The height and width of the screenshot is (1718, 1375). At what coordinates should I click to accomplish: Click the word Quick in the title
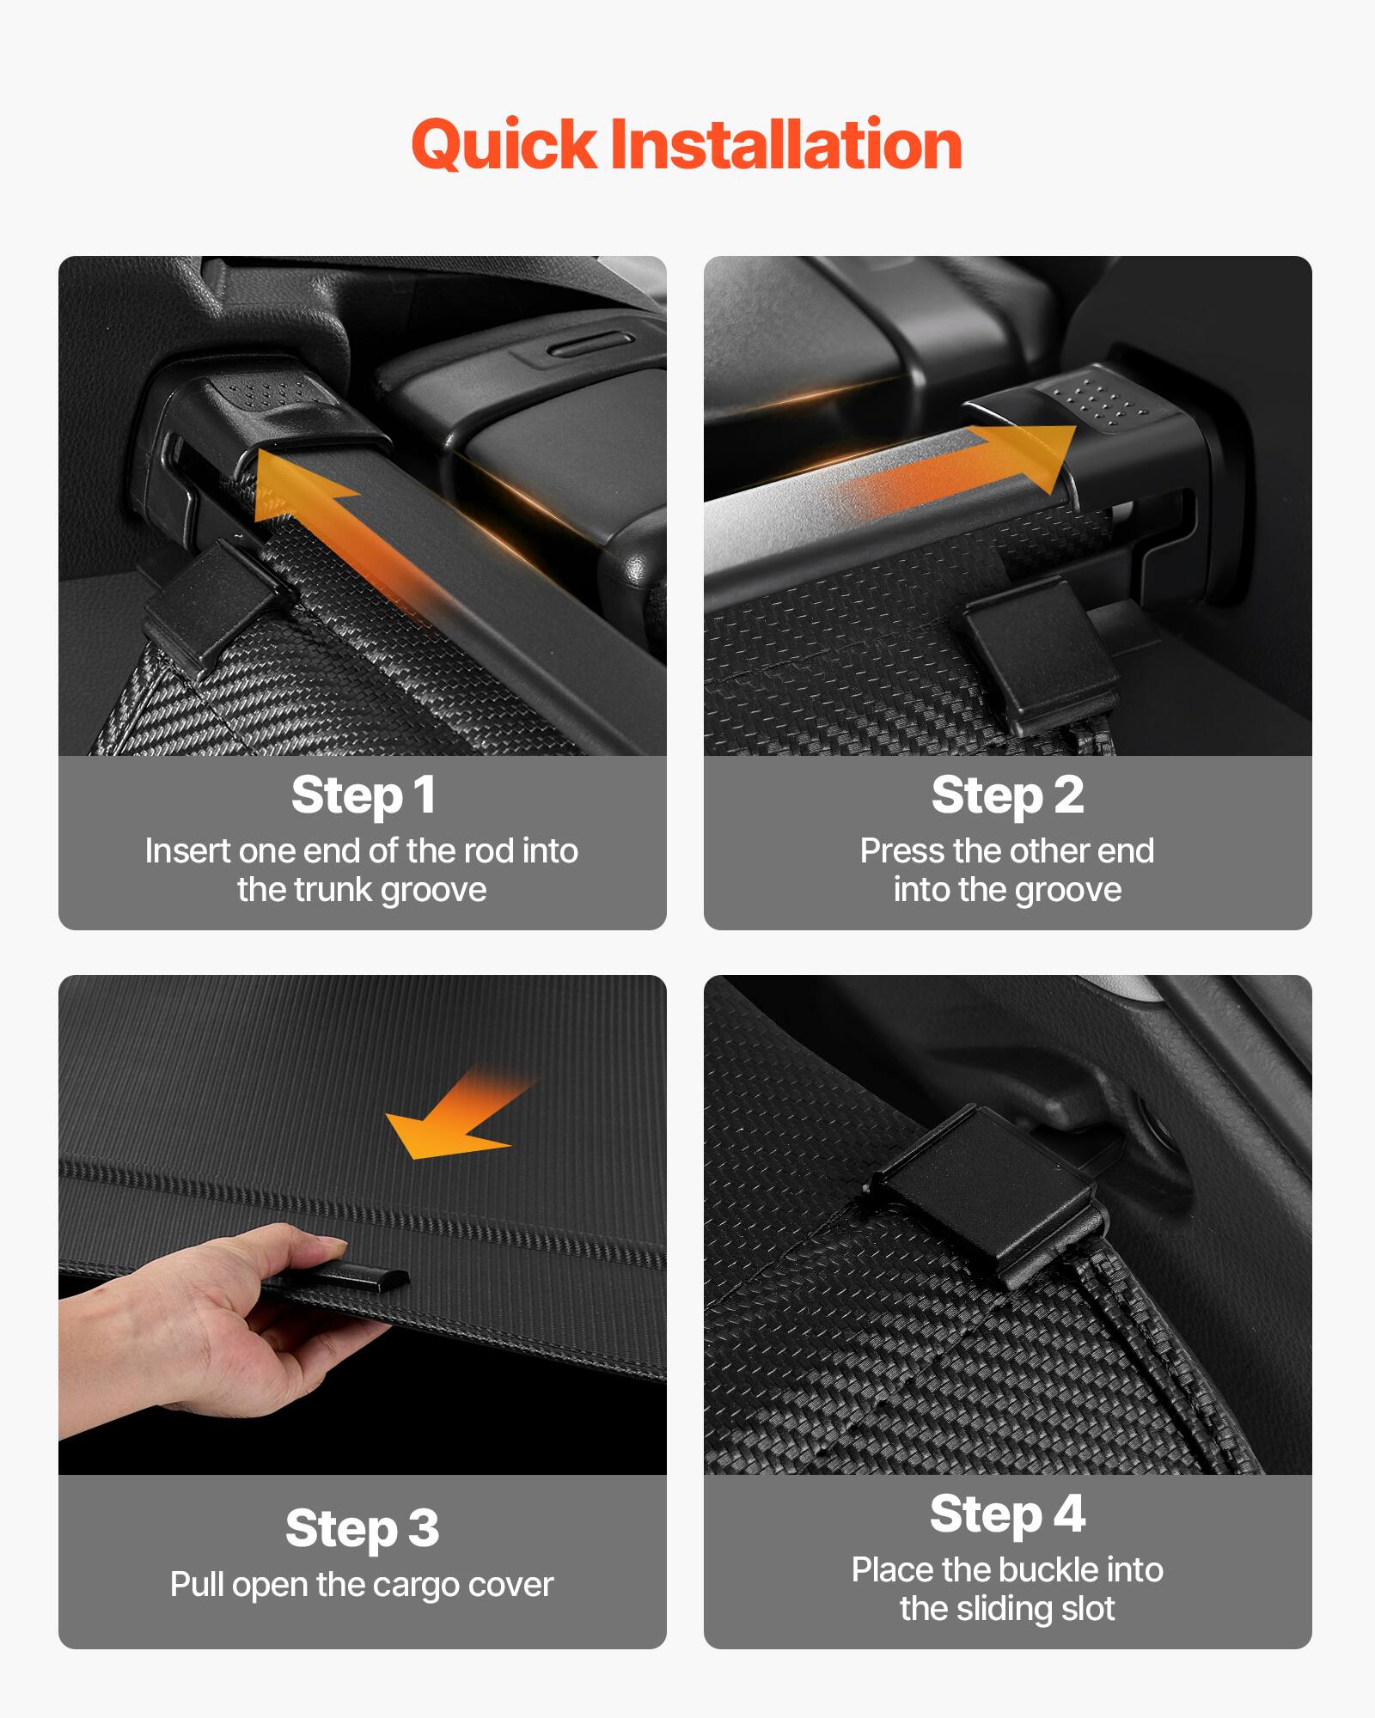pyautogui.click(x=504, y=144)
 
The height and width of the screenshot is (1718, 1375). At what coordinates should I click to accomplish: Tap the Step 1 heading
pyautogui.click(x=363, y=795)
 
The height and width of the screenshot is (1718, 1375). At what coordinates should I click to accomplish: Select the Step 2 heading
pyautogui.click(x=1007, y=795)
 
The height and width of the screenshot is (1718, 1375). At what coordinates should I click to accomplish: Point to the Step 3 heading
pyautogui.click(x=363, y=1528)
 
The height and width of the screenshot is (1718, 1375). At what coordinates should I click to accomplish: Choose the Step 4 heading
pyautogui.click(x=1007, y=1514)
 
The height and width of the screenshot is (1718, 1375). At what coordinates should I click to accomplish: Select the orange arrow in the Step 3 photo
pyautogui.click(x=455, y=1117)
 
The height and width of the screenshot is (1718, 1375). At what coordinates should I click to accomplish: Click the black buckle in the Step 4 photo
pyautogui.click(x=988, y=1194)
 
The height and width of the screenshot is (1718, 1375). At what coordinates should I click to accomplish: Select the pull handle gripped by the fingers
pyautogui.click(x=361, y=1278)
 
